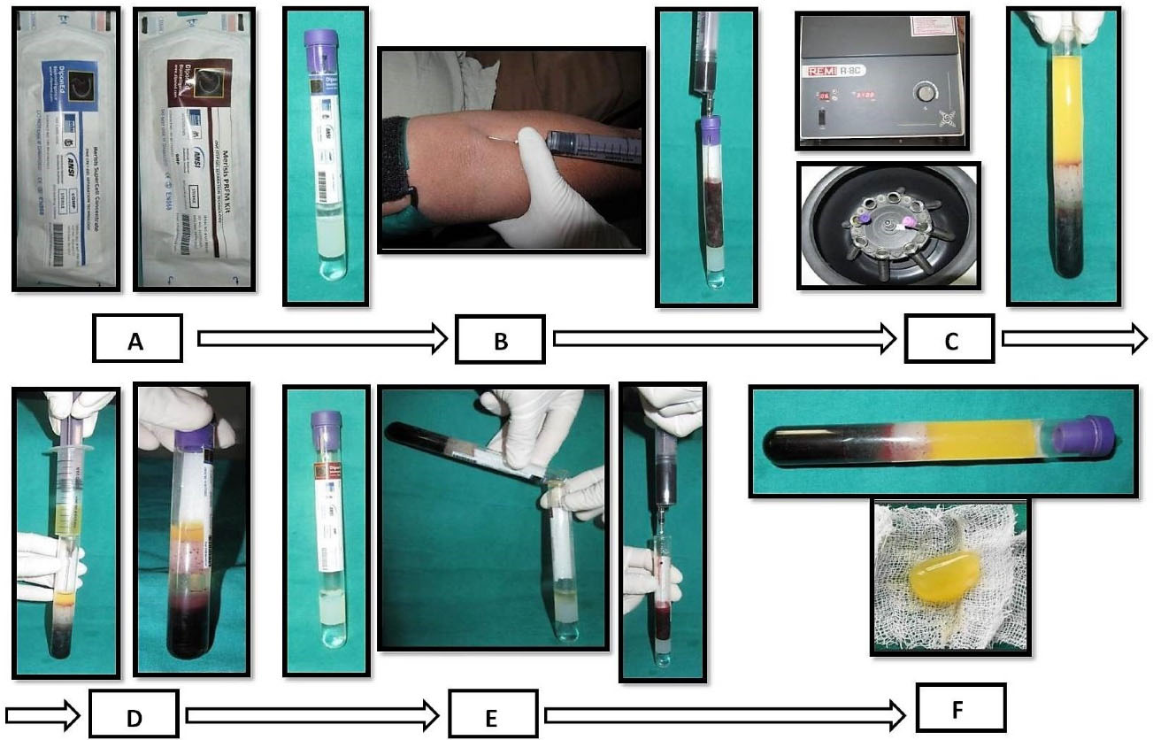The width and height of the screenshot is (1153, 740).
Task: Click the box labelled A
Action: click(137, 338)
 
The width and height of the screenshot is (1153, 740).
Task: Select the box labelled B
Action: click(500, 338)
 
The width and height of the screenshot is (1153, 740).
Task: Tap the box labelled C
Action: click(949, 338)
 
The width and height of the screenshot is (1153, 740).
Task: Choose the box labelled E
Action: click(492, 715)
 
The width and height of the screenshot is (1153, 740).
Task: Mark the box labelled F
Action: click(961, 708)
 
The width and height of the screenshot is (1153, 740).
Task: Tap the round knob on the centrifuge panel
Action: click(926, 92)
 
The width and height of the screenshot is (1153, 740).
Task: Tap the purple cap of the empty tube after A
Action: click(321, 40)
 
